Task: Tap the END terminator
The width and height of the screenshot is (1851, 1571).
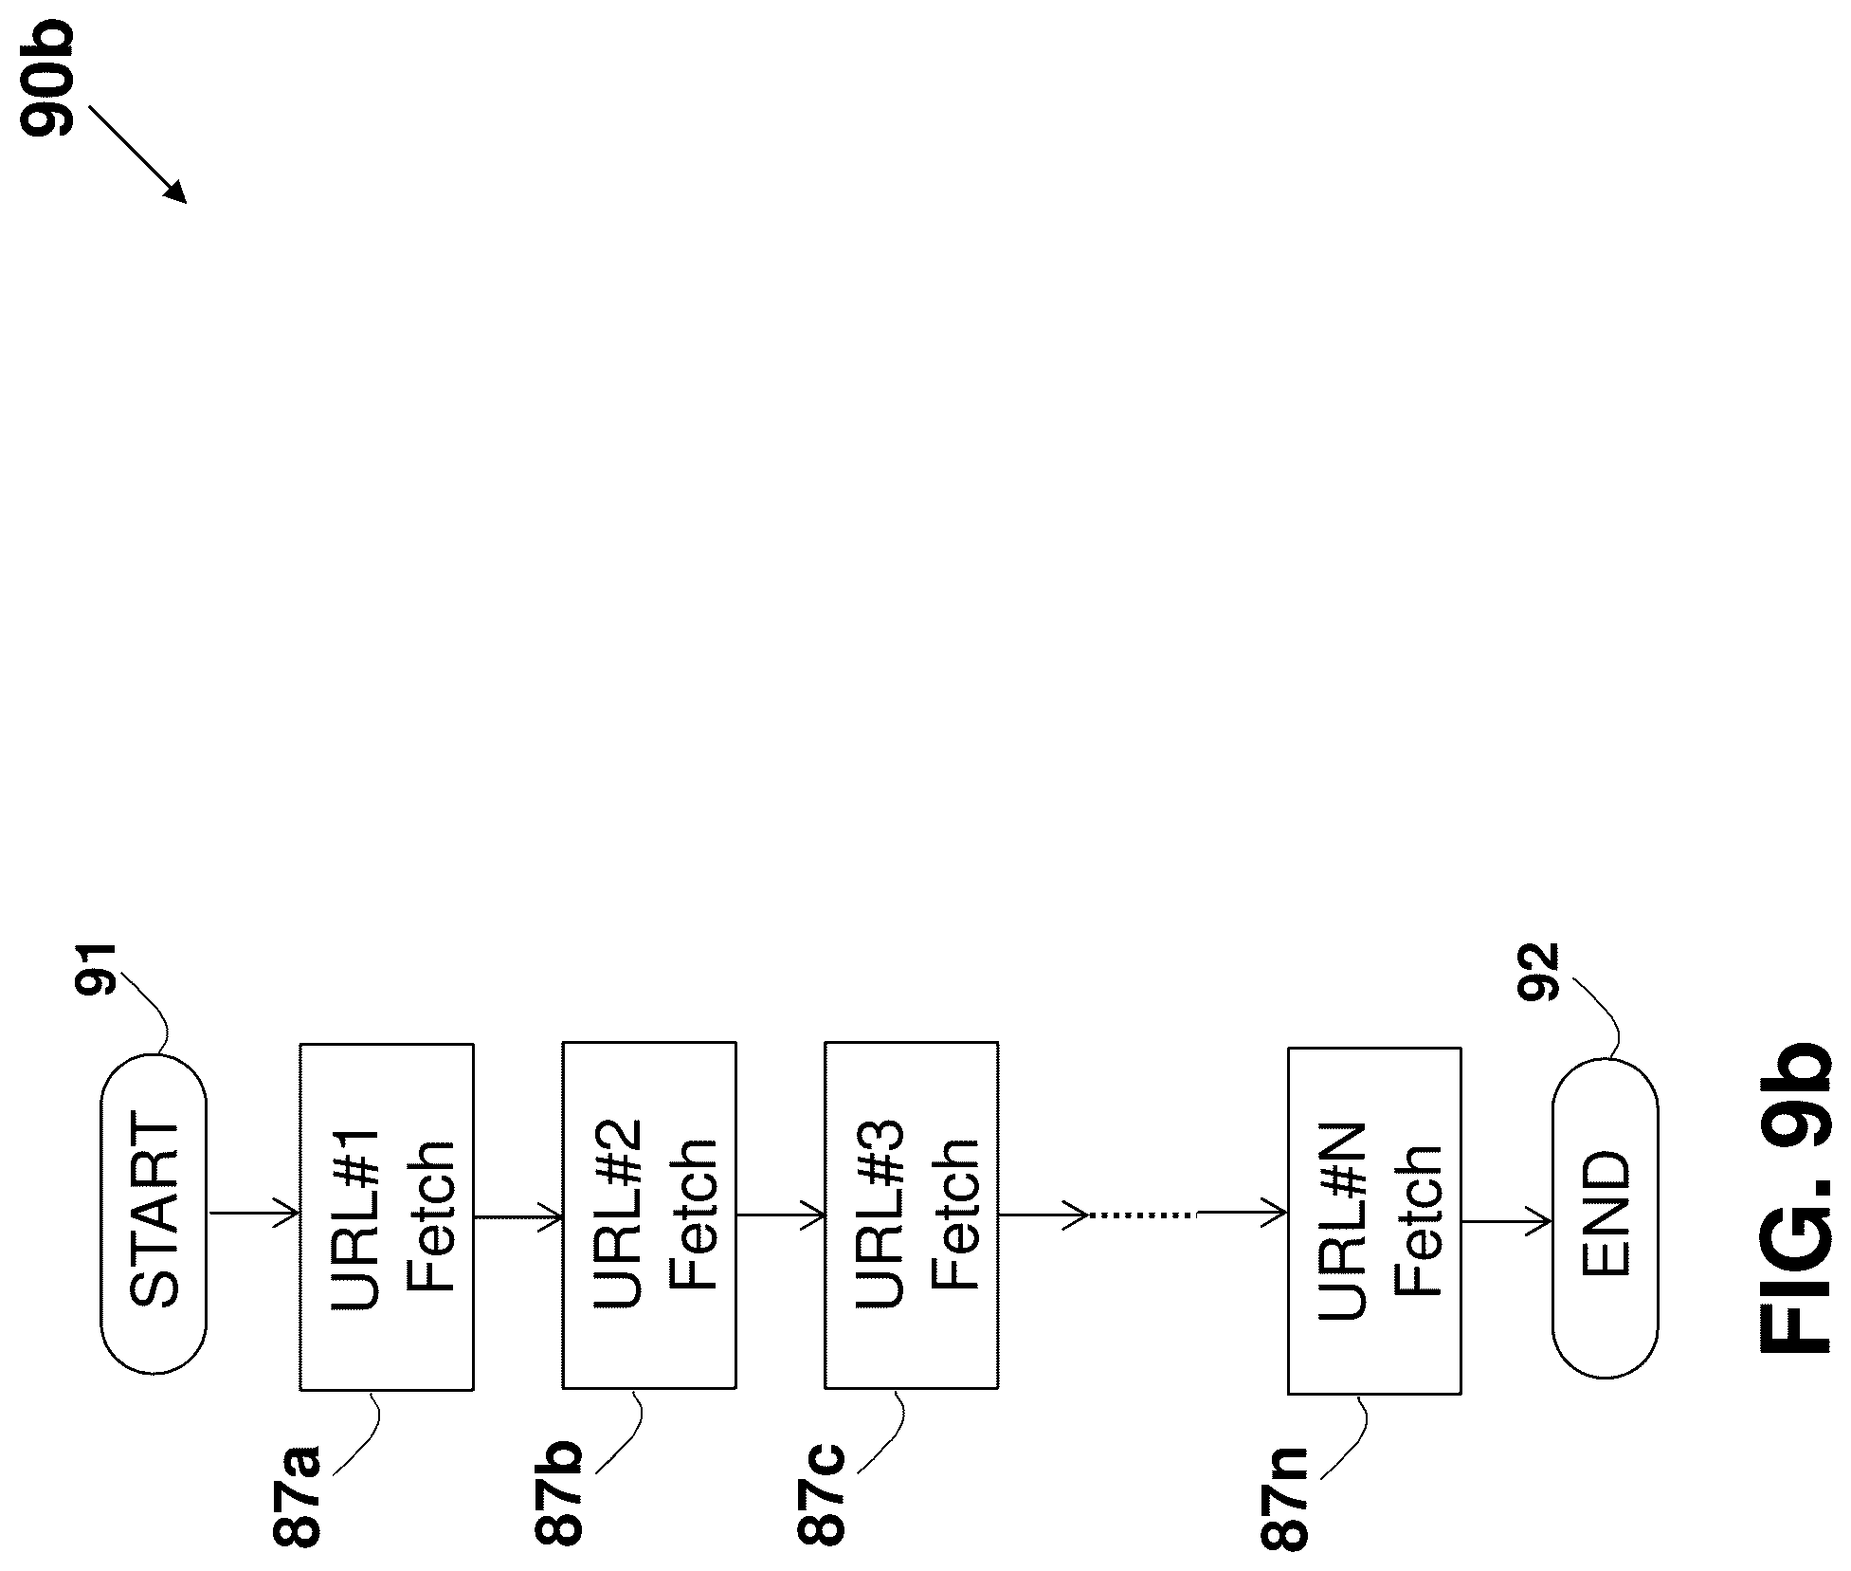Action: point(1605,1219)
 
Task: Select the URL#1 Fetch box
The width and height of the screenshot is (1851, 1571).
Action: point(387,1216)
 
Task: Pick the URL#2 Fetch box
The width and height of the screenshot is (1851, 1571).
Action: point(649,1216)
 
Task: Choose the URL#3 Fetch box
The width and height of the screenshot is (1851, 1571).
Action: point(911,1216)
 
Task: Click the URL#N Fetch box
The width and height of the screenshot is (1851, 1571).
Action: point(1374,1220)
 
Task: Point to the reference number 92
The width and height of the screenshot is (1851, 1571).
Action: point(1537,973)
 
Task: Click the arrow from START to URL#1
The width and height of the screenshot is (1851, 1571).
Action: point(253,1213)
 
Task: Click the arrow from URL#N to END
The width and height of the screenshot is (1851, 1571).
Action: point(1506,1222)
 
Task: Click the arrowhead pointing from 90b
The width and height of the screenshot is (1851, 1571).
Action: point(176,192)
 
